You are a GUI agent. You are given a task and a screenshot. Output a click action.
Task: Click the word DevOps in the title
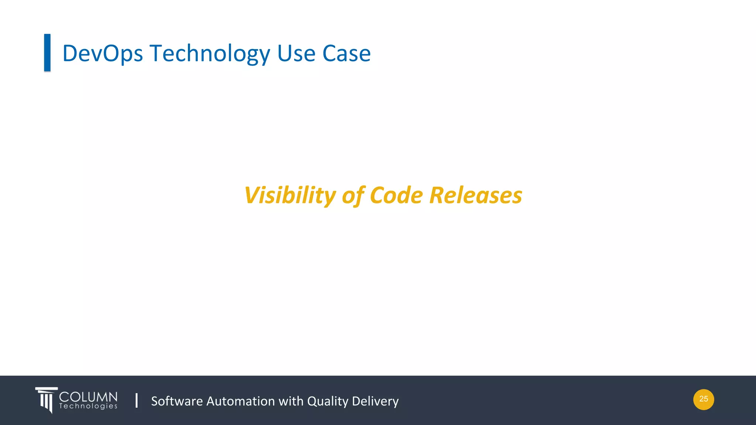102,53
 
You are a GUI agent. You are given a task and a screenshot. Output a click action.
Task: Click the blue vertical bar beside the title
47,52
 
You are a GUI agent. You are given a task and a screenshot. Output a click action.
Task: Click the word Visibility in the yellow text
290,195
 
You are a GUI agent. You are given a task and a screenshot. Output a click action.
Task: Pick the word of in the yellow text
353,195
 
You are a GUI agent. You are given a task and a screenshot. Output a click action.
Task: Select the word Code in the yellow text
396,195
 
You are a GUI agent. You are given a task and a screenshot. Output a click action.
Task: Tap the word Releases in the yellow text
476,195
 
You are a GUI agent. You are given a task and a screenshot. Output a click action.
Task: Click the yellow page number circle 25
704,399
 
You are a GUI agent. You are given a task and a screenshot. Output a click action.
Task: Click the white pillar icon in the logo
47,400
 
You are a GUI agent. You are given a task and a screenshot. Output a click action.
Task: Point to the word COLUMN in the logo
88,397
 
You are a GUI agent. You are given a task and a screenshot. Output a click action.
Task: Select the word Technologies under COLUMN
88,406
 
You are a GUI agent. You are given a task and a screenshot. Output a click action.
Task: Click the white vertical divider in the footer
137,400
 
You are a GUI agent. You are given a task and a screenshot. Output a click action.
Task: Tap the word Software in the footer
177,401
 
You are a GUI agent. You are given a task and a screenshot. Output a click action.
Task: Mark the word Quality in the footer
327,401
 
